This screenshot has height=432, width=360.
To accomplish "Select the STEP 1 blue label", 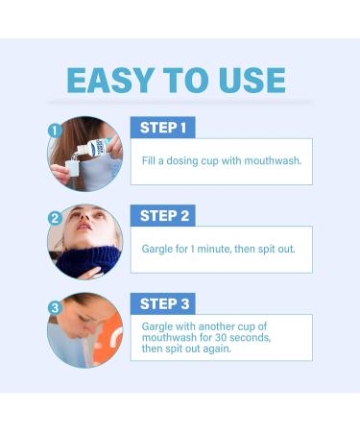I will point(163,128).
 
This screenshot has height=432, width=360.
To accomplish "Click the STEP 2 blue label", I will point(163,216).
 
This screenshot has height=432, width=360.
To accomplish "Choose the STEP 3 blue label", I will point(163,304).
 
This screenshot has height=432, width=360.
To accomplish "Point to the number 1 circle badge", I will point(55,130).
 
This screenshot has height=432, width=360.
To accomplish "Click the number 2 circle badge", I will point(55,218).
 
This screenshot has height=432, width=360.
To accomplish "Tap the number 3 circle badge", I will point(55,307).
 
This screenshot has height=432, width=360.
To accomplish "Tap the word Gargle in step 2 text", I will point(159,249).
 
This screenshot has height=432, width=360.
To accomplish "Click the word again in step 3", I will point(228,350).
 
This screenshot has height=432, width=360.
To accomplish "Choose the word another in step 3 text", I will point(227,325).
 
